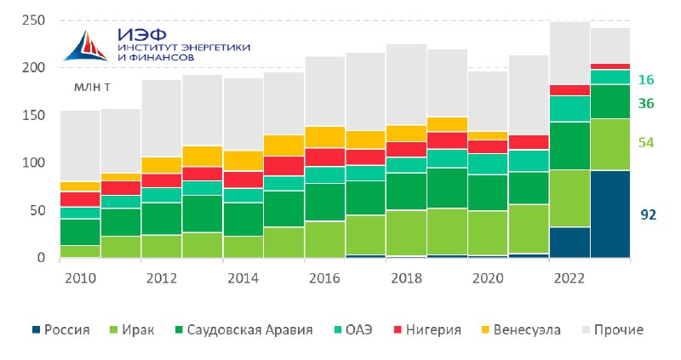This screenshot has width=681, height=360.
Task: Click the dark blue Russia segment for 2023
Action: click(x=610, y=214)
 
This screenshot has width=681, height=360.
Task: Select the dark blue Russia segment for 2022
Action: click(x=569, y=243)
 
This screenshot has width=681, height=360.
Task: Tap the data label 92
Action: click(x=648, y=214)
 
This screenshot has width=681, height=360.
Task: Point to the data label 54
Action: click(x=646, y=142)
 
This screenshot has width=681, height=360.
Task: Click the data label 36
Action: click(x=646, y=103)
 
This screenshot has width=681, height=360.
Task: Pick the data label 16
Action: click(x=646, y=79)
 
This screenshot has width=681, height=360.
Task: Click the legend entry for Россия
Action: click(x=61, y=329)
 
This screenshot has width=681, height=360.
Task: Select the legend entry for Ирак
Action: click(x=132, y=329)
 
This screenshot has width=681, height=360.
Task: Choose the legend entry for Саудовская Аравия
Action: click(x=243, y=329)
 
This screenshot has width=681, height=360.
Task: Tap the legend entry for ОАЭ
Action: click(x=353, y=329)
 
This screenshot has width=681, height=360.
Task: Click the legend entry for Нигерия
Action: click(x=427, y=329)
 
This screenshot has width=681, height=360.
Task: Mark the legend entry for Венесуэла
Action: click(x=521, y=329)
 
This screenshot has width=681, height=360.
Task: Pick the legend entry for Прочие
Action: click(x=613, y=329)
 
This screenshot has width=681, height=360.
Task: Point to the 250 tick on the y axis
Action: click(x=33, y=20)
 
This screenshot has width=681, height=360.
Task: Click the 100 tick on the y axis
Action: click(x=33, y=163)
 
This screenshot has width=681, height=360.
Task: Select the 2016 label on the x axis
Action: click(x=324, y=278)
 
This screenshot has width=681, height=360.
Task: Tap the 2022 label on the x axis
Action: click(x=569, y=278)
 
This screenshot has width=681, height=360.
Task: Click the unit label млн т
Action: click(x=92, y=87)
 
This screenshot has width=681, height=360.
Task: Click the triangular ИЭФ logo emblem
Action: click(x=86, y=45)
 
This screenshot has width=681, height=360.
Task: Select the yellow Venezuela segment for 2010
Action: click(x=80, y=186)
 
